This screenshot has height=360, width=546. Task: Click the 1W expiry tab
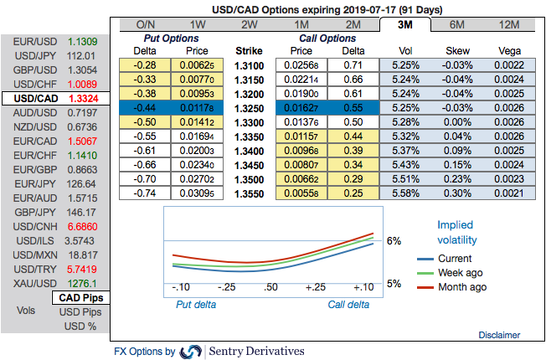(198, 24)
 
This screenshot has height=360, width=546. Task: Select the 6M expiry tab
(457, 24)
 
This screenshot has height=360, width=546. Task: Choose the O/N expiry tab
(146, 24)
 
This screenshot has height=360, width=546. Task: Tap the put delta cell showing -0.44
(147, 107)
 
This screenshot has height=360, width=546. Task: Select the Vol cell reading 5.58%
(404, 193)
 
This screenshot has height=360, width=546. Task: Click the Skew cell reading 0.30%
(457, 193)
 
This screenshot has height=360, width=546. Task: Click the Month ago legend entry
(461, 287)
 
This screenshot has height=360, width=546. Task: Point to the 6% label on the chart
(394, 240)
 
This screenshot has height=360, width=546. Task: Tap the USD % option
(83, 327)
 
